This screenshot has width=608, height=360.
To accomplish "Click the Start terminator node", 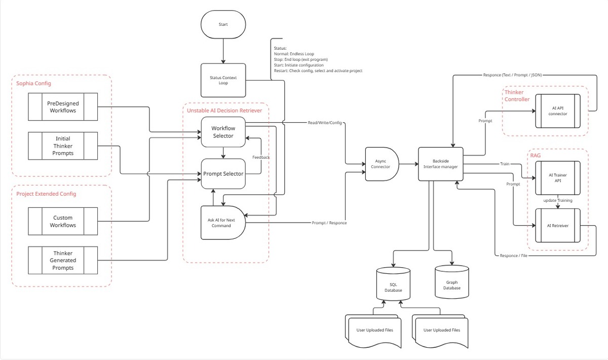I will coord(223,24).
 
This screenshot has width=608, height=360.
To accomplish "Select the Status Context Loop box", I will coord(223,80).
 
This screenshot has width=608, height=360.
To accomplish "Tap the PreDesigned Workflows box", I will coord(63,106).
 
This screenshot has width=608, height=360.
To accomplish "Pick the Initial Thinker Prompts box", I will coord(63,146).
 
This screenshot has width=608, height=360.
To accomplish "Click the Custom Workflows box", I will coord(63,221).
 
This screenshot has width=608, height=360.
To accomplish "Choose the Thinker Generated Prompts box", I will coord(63,260).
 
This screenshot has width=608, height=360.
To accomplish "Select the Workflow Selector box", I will coord(223,132).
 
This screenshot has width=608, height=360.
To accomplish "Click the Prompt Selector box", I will coord(223,173).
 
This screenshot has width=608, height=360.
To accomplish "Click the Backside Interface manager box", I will coord(440,164).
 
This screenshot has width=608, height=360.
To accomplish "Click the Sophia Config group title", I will coord(33,83).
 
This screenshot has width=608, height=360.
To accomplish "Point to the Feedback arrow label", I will coord(261,157).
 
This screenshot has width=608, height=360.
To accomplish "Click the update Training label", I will coord(558,201).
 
